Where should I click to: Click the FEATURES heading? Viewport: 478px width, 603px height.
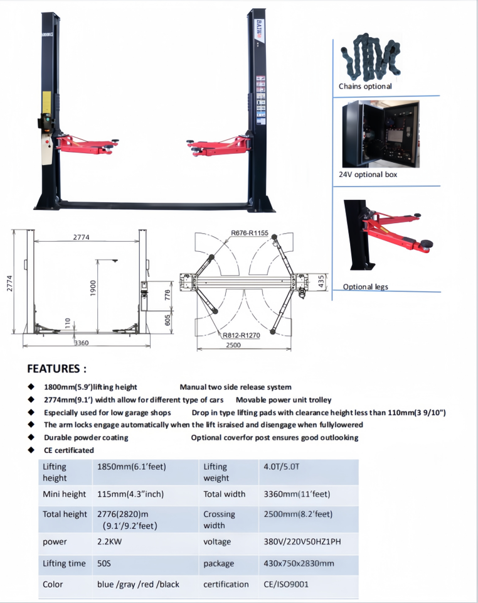coord(56,369)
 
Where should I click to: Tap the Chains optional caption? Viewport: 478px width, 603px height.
coord(365,87)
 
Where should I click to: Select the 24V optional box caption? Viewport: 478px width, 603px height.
coord(368,174)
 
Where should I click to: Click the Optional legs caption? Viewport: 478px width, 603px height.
coord(365,287)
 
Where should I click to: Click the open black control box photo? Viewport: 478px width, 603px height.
coord(380,133)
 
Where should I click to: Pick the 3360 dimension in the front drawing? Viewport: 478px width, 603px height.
coord(81,343)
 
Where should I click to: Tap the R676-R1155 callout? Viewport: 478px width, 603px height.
coord(249,233)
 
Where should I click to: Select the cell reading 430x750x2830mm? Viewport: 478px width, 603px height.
coord(299,563)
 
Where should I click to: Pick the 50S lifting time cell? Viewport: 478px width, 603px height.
coord(104,563)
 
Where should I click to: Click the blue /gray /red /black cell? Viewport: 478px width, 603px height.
coord(138,584)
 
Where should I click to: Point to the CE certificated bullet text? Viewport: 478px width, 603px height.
coord(69,450)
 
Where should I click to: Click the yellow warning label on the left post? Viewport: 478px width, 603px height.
coord(46,100)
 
